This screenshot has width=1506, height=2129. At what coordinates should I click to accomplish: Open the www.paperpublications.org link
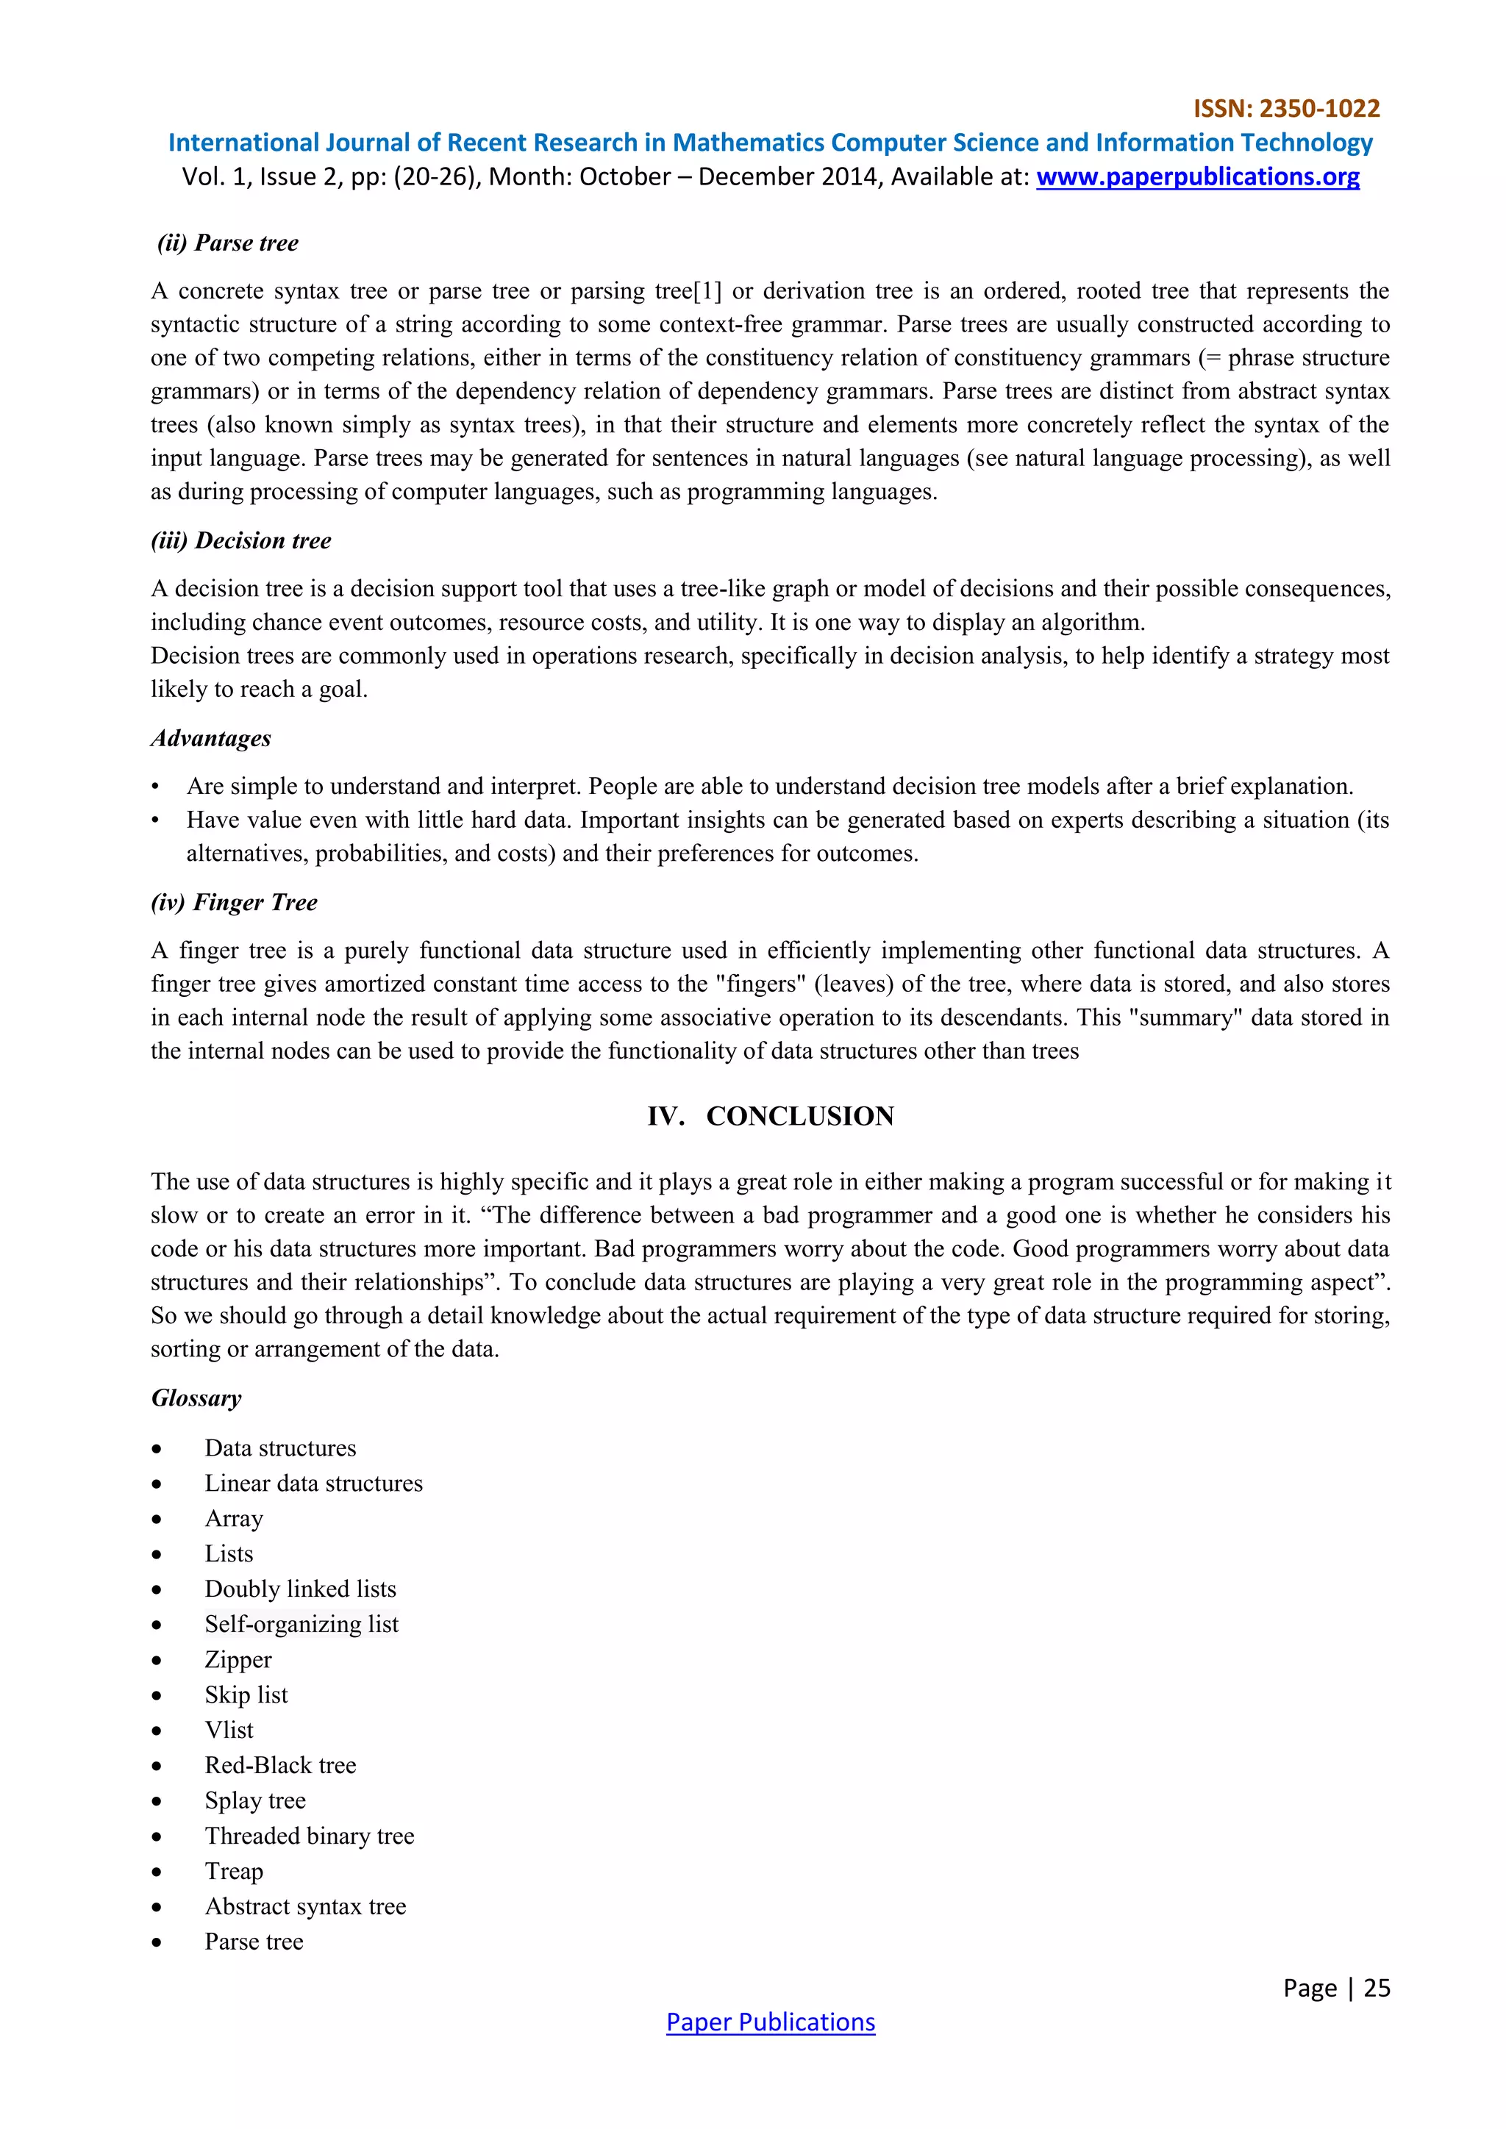coord(1197,176)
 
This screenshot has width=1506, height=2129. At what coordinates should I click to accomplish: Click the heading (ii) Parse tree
coord(228,243)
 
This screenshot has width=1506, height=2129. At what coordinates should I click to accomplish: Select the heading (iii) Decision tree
coord(241,540)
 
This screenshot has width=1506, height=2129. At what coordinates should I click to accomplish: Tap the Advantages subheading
coord(212,738)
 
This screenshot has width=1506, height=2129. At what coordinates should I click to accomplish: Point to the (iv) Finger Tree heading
coord(235,902)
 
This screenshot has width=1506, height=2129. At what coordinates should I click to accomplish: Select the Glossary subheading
coord(196,1398)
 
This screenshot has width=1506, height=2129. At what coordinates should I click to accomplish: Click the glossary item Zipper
coord(238,1660)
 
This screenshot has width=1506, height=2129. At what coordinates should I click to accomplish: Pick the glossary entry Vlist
coord(229,1731)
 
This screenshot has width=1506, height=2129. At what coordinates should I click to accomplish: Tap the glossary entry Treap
coord(234,1871)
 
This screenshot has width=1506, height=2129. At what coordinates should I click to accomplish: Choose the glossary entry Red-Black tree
coord(280,1766)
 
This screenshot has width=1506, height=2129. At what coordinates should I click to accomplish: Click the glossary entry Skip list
coord(246,1695)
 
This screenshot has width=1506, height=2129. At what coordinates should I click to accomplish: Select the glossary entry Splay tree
coord(255,1800)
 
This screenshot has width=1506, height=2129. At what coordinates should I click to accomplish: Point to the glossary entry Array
coord(234,1519)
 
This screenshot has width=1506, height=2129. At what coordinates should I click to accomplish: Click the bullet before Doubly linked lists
coord(157,1590)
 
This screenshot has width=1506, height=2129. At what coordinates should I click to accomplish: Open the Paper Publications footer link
coord(771,2022)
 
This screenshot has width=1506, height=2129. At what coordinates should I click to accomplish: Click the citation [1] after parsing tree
coord(707,291)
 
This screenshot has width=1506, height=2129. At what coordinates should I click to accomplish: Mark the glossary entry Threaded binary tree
coord(309,1836)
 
